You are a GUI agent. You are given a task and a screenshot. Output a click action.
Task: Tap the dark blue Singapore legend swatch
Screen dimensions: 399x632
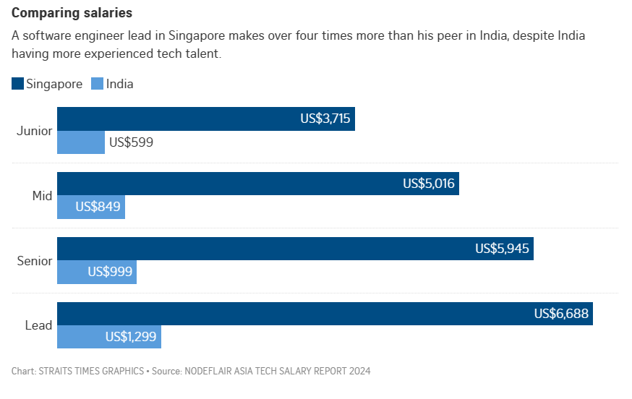point(18,84)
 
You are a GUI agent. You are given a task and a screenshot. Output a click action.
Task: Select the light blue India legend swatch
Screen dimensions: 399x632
point(98,84)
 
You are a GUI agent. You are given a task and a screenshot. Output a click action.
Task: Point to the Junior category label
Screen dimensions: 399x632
point(35,131)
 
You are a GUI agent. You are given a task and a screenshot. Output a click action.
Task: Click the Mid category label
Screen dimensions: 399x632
point(42,195)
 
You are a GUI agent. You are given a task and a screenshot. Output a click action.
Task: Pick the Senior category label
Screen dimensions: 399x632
point(35,260)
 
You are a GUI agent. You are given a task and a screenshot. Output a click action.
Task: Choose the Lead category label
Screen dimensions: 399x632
point(38,325)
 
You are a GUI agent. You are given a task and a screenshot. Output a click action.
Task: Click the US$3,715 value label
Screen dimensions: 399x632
point(325,119)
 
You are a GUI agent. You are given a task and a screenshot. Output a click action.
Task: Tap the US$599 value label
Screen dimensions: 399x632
point(131,142)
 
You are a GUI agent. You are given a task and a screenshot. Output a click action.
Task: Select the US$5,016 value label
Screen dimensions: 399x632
point(429,184)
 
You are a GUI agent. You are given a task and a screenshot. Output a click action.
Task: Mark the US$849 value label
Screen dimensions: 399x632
point(98,207)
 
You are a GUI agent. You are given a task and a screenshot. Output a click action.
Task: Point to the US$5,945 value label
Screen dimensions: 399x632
point(503,249)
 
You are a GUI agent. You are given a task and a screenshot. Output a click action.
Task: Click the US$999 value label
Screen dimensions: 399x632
point(110,272)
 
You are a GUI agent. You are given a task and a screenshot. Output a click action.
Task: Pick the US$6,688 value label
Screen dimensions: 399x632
point(561,314)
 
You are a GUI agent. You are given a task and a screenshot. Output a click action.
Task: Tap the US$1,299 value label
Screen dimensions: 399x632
point(131,337)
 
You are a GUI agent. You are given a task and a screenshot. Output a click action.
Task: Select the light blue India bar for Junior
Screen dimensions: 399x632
point(81,142)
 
